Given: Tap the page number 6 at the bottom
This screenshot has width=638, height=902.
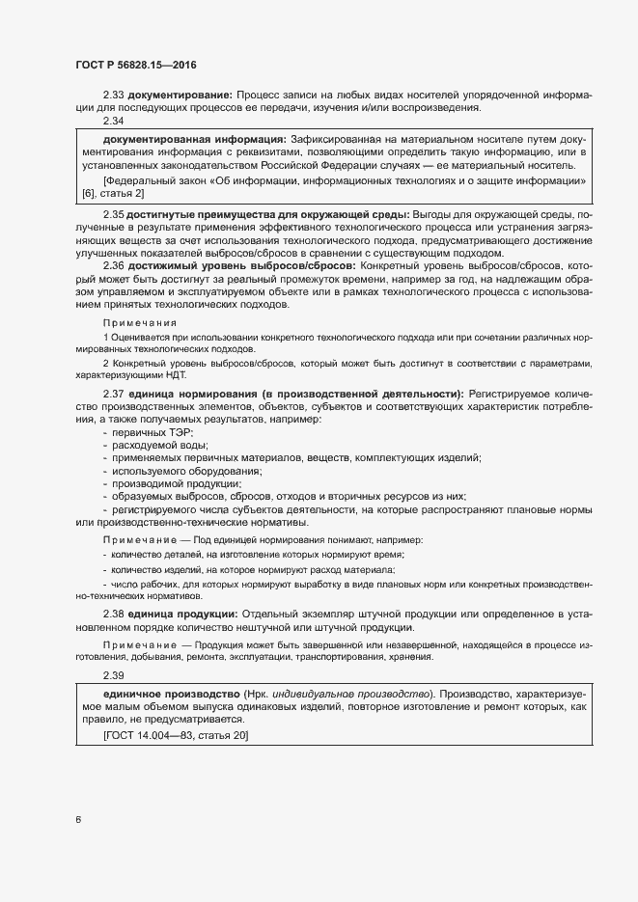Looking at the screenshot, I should (77, 820).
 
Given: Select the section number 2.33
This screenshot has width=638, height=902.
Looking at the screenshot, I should (114, 95).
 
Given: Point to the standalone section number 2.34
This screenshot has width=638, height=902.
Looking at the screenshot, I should (114, 122).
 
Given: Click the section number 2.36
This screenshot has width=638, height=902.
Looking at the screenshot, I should (114, 265).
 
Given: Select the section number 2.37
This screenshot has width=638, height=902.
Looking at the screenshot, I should (114, 394).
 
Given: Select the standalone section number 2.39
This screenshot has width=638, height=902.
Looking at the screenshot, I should (114, 674).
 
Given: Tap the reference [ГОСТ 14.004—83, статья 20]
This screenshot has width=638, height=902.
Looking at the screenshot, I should (176, 735).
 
